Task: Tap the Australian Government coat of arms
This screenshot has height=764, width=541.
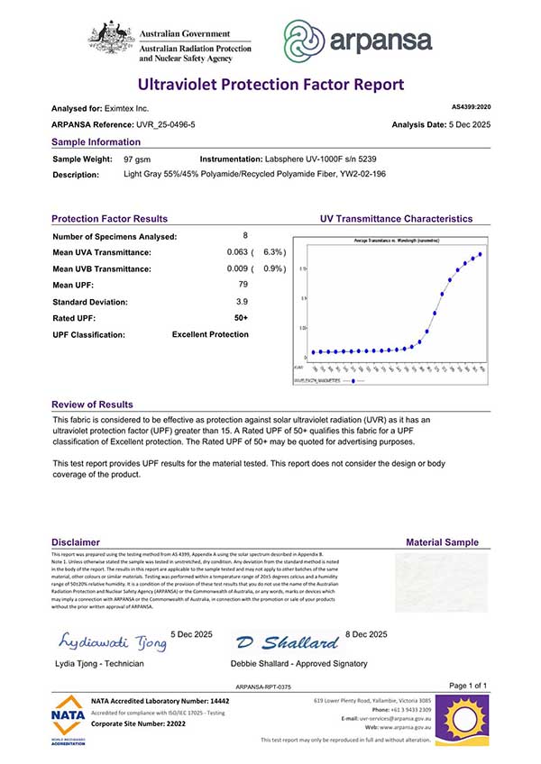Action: click(111, 39)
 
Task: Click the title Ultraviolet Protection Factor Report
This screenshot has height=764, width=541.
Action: click(270, 85)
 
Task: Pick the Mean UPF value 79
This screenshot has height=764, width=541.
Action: click(241, 285)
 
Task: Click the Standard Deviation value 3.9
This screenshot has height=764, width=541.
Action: click(241, 301)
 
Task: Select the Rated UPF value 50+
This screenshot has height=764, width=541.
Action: click(241, 317)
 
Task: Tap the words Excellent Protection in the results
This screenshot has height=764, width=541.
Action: click(210, 334)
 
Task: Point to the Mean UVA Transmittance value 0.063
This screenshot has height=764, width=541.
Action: click(238, 252)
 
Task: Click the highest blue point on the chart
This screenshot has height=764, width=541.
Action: click(480, 254)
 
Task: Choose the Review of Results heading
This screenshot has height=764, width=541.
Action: click(92, 405)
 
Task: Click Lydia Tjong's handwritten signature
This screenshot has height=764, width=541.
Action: click(114, 642)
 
